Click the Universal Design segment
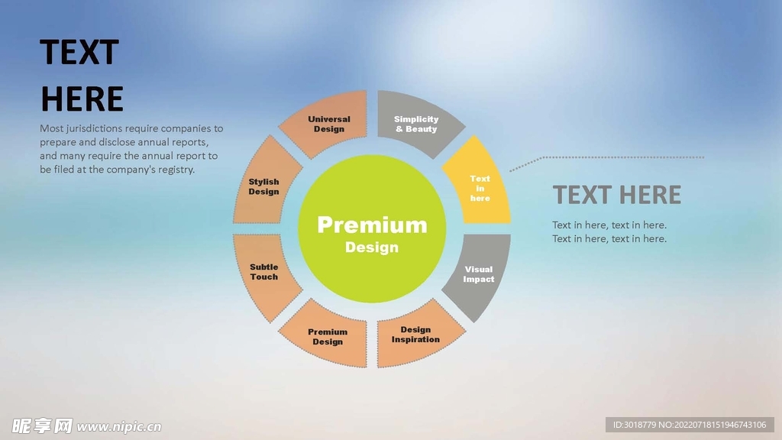329,124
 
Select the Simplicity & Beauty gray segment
416,124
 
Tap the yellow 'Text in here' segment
480,188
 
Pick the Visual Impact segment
479,274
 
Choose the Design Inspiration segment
416,335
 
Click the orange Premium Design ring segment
328,337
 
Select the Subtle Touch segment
264,272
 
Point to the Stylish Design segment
264,186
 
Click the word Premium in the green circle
372,225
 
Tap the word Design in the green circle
372,247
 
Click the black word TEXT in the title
79,53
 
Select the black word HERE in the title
82,99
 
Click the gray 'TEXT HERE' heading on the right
616,195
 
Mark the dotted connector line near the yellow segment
611,157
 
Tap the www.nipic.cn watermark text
119,426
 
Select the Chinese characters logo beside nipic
43,425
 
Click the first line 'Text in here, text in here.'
609,225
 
